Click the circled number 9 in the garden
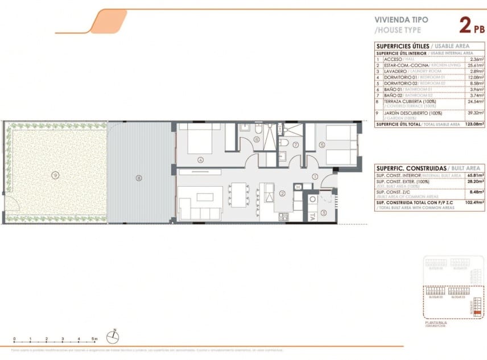click(55, 174)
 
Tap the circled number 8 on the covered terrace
click(138, 178)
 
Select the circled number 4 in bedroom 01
click(200, 160)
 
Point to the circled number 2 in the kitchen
click(282, 193)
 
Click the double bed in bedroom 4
click(196, 139)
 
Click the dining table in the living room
click(239, 193)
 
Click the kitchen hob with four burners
click(283, 217)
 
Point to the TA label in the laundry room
click(312, 216)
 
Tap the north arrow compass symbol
click(114, 336)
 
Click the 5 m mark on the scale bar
click(94, 339)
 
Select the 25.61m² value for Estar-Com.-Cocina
click(475, 65)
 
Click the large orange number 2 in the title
click(464, 26)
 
